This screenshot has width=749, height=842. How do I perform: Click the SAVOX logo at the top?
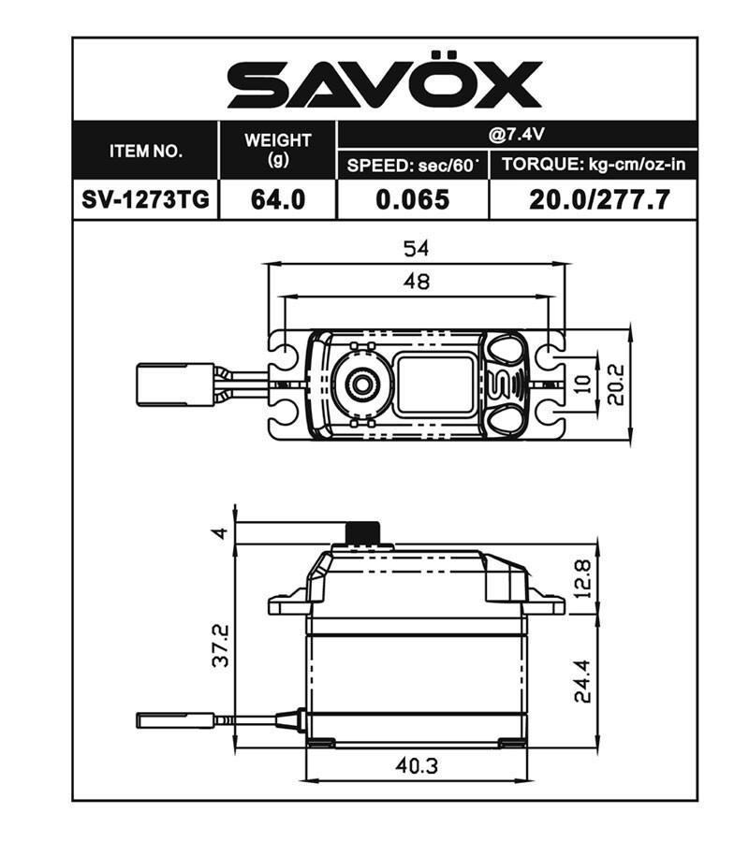pos(384,85)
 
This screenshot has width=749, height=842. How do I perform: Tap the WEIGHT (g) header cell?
pos(277,150)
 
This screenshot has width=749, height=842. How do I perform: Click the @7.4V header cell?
pos(516,134)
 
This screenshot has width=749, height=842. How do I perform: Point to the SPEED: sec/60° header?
pos(412,166)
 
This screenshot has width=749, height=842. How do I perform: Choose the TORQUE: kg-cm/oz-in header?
pos(593,166)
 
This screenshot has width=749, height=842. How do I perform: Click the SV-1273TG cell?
pos(146,199)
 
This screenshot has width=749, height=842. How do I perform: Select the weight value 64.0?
pos(277,199)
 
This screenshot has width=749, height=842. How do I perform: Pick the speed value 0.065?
pos(412,199)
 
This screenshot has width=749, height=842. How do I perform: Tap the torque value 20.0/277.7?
pos(593,199)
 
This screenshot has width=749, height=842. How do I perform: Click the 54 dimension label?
pos(416,249)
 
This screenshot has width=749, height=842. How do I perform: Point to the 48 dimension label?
pos(416,282)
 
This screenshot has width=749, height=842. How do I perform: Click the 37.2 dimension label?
pos(221,646)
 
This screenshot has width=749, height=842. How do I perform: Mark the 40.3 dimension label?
pos(416,765)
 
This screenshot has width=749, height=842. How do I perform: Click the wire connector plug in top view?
pos(174,384)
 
